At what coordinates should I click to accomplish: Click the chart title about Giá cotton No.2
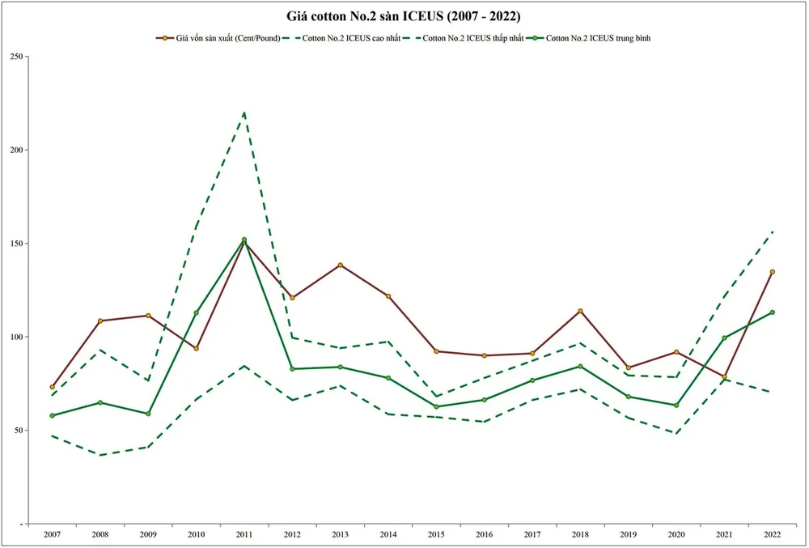pyautogui.click(x=404, y=16)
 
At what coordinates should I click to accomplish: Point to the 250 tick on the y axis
pyautogui.click(x=18, y=57)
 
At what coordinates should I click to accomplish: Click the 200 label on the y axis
pyautogui.click(x=18, y=151)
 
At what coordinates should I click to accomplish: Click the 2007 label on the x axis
pyautogui.click(x=53, y=535)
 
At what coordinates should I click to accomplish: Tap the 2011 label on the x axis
pyautogui.click(x=244, y=535)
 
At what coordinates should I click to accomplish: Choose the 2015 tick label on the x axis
pyautogui.click(x=436, y=535)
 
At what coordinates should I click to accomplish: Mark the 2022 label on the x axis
pyautogui.click(x=772, y=535)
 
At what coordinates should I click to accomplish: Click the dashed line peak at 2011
pyautogui.click(x=244, y=113)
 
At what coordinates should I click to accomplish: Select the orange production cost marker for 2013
pyautogui.click(x=341, y=265)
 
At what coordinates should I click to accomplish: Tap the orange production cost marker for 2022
pyautogui.click(x=772, y=272)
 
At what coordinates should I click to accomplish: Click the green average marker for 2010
pyautogui.click(x=197, y=312)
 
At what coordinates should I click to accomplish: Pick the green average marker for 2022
pyautogui.click(x=772, y=312)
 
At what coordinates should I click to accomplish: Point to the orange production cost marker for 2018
pyautogui.click(x=580, y=311)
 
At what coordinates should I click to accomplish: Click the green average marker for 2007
pyautogui.click(x=53, y=415)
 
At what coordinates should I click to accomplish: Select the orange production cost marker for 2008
pyautogui.click(x=100, y=321)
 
